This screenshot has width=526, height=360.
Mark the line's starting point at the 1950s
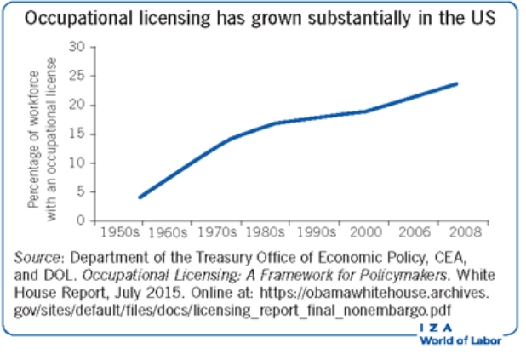(139, 197)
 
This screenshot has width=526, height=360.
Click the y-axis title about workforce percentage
(44, 134)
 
